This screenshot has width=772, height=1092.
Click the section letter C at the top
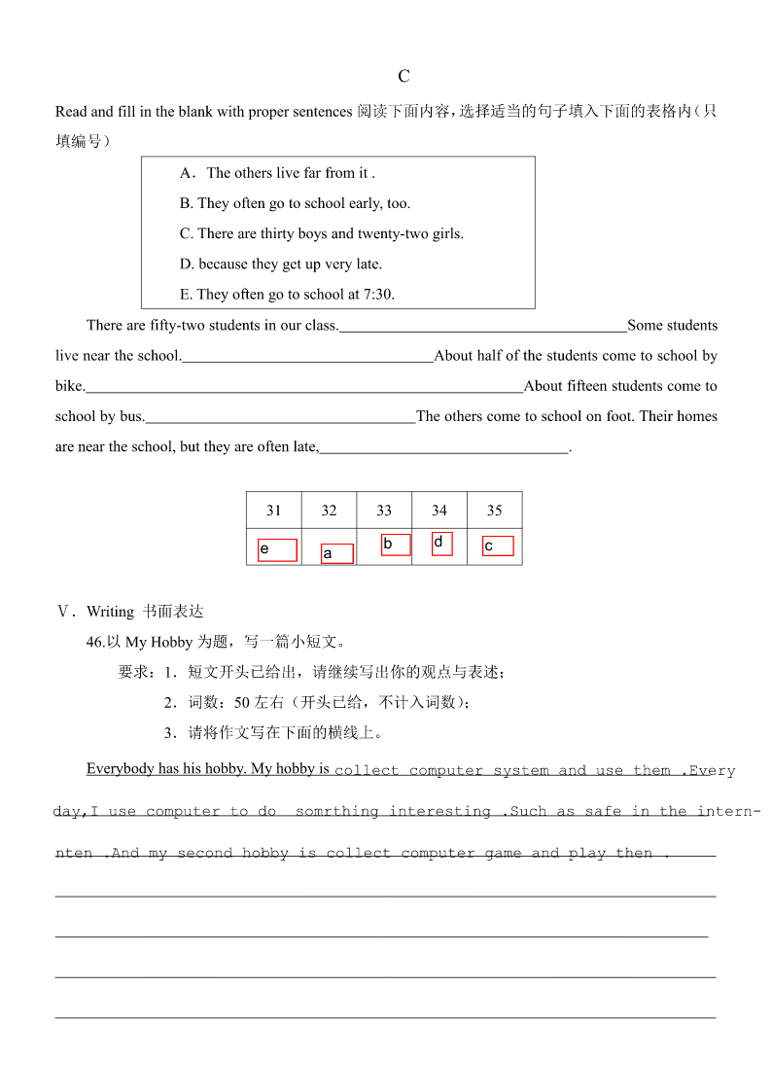pos(404,77)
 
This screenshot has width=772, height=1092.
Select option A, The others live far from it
pos(277,173)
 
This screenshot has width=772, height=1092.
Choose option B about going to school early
pos(295,203)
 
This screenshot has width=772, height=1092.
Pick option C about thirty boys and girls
pos(321,233)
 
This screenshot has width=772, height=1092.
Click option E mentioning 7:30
pos(287,294)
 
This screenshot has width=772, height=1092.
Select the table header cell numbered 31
pos(273,511)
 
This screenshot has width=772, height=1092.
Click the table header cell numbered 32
pos(329,511)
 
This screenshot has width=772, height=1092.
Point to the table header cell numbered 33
pos(384,511)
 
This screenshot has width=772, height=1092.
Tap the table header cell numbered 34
pos(439,511)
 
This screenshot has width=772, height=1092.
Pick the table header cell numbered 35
pos(494,511)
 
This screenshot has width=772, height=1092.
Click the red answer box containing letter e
pos(277,550)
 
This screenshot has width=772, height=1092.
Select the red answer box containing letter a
pos(336,553)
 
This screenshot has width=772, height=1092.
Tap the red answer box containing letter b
pos(396,545)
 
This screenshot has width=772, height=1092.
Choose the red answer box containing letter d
pos(441,544)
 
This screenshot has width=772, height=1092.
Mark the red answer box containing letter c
pos(498,546)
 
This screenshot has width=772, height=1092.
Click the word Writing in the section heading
pos(110,612)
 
